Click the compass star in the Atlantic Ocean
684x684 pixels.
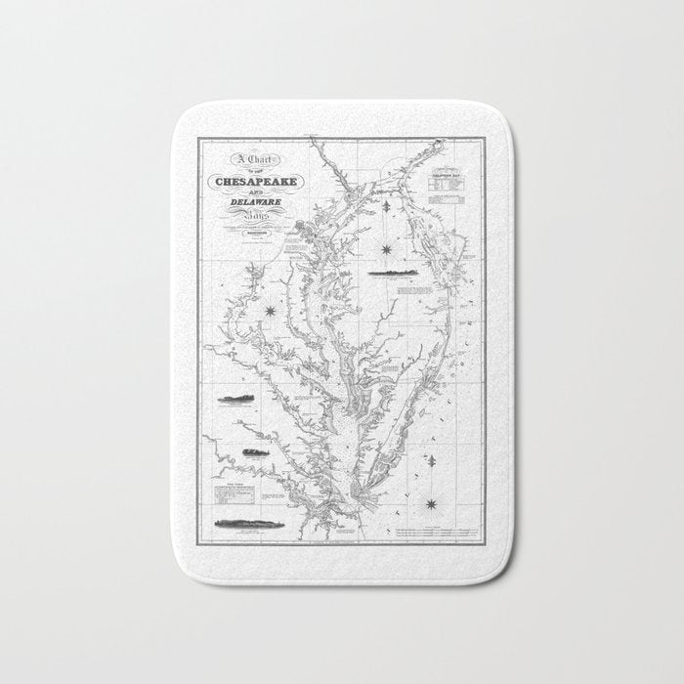click(x=430, y=504)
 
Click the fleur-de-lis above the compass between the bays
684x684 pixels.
click(x=388, y=206)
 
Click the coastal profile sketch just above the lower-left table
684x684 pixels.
click(x=253, y=451)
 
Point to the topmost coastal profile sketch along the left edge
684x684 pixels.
click(x=235, y=399)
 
